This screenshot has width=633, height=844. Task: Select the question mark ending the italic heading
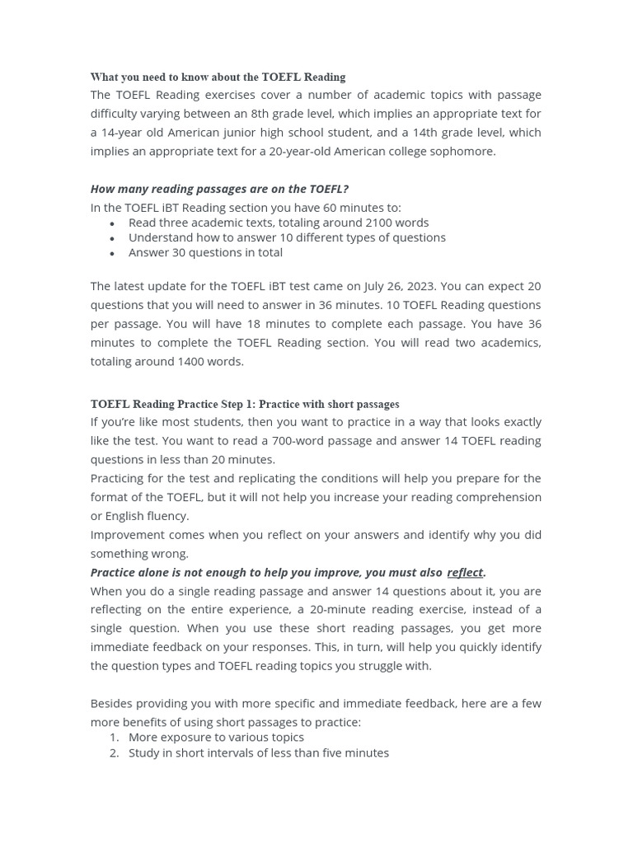click(x=345, y=189)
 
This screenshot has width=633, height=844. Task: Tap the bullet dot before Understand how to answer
click(x=112, y=238)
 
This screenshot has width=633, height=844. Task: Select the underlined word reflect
click(x=465, y=572)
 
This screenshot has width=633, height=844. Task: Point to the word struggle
click(x=374, y=666)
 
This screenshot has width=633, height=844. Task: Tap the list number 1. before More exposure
click(x=115, y=737)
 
